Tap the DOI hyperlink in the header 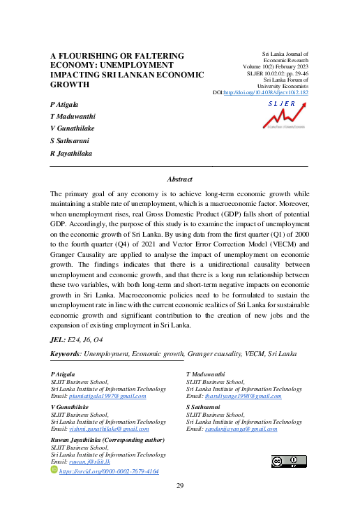tap(271, 92)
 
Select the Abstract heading tap(179, 179)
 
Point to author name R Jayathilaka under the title tap(71, 152)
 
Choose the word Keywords tap(64, 355)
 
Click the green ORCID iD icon tap(55, 471)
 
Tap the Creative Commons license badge tap(288, 462)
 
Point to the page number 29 tap(179, 486)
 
